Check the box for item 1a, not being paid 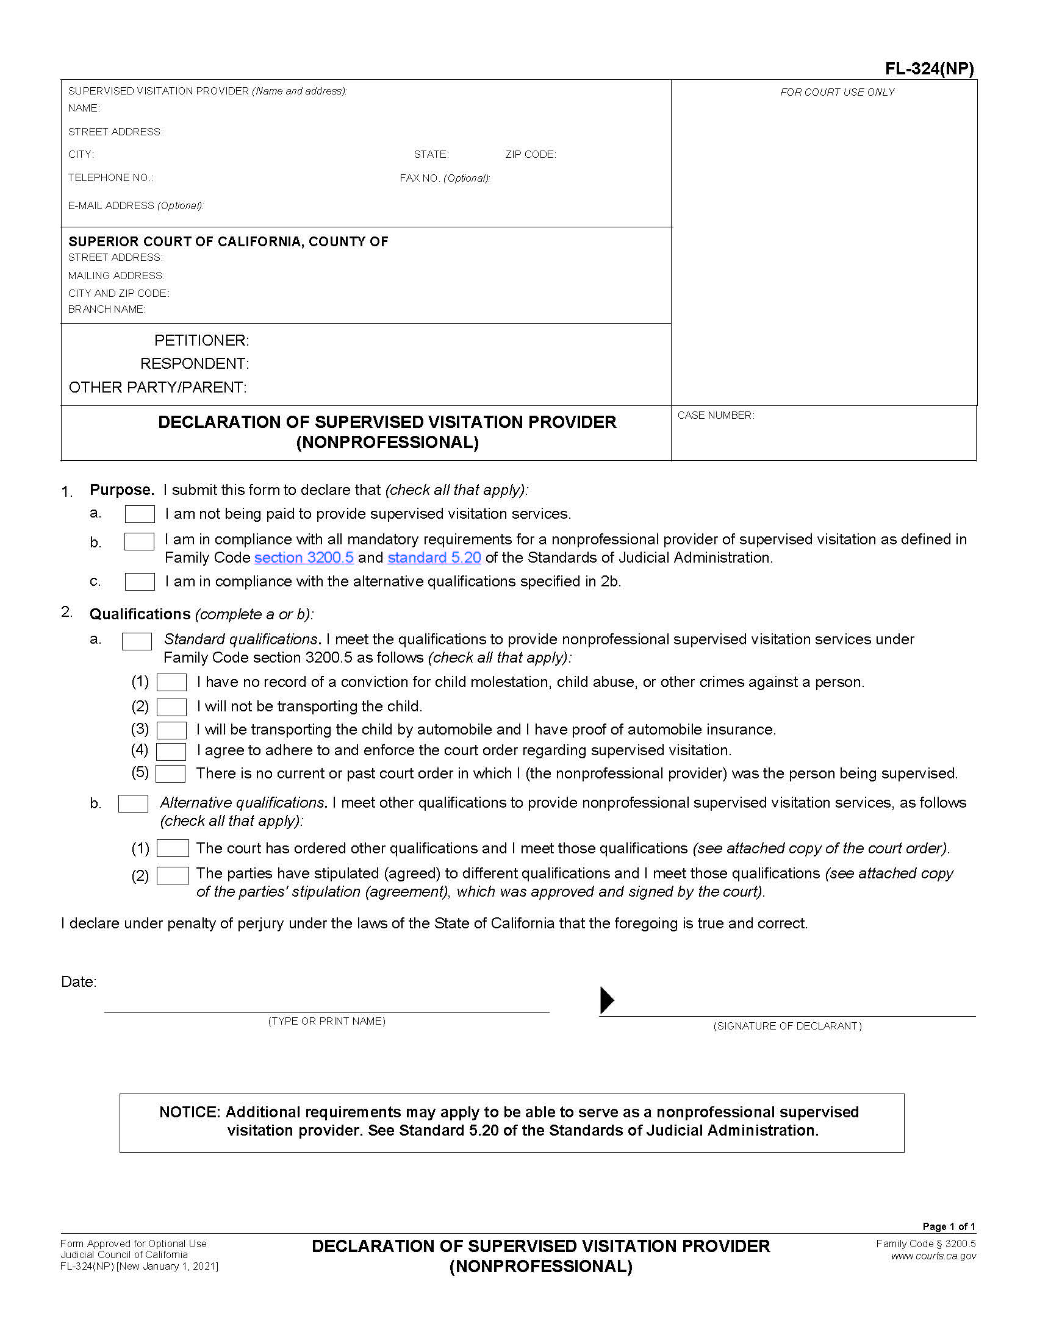[x=140, y=514]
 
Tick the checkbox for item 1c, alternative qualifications [x=140, y=582]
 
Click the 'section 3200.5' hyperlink [x=304, y=558]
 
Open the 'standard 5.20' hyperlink [x=434, y=558]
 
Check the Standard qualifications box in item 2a [x=137, y=641]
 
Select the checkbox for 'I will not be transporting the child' [x=171, y=706]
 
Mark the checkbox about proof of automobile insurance [x=171, y=730]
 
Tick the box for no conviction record [x=171, y=682]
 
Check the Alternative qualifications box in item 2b [x=133, y=804]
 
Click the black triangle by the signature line [x=606, y=1000]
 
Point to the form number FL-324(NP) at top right [x=929, y=69]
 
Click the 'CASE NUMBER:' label [x=715, y=416]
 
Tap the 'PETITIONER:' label [x=201, y=341]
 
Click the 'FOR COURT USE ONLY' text [x=837, y=92]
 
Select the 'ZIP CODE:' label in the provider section [x=530, y=155]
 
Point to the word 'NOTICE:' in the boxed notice [x=189, y=1112]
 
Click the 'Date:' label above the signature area [x=79, y=982]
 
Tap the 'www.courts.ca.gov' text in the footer [x=933, y=1256]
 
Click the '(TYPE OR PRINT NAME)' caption [x=326, y=1021]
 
